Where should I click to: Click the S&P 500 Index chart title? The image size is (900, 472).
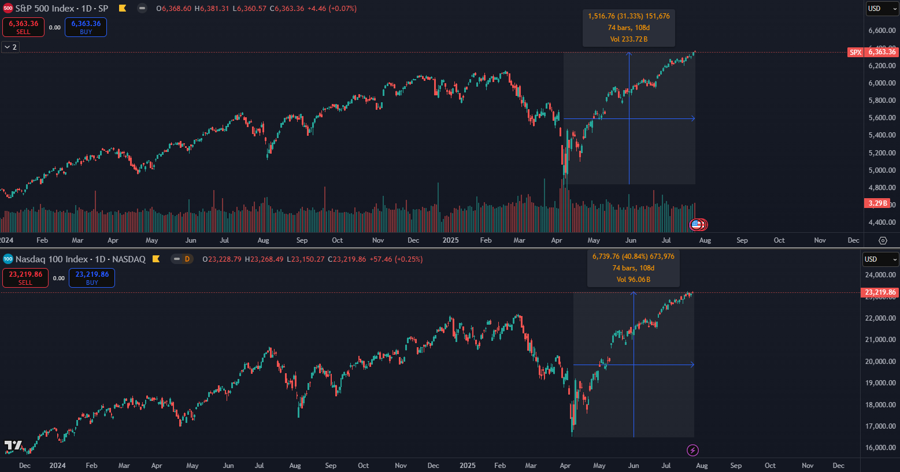[x=61, y=9]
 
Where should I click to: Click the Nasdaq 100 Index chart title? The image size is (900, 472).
[x=80, y=259]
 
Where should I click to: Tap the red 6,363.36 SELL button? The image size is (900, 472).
[x=24, y=27]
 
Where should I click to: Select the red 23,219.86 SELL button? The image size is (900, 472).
[x=25, y=278]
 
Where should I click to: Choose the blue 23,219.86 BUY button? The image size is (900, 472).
[x=92, y=278]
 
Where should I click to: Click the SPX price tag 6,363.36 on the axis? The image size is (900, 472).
[x=881, y=52]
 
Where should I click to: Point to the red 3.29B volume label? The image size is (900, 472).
[x=877, y=203]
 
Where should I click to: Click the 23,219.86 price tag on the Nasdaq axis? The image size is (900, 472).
[x=880, y=292]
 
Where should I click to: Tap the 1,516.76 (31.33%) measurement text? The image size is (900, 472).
[x=628, y=16]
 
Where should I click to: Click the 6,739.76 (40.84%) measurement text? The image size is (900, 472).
[x=633, y=257]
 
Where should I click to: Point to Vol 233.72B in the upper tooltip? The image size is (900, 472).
[x=628, y=39]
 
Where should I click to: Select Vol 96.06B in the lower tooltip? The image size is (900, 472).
[x=633, y=280]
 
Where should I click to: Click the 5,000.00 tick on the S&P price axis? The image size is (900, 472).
[x=882, y=170]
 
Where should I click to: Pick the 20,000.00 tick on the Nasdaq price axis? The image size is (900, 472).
[x=880, y=362]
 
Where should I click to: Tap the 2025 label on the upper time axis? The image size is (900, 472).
[x=450, y=240]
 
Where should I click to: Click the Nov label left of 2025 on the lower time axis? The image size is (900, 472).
[x=401, y=466]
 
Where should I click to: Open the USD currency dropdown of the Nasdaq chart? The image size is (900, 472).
[x=880, y=259]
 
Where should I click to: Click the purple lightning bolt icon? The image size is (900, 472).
[x=692, y=450]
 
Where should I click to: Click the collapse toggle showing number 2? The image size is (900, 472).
[x=10, y=47]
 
